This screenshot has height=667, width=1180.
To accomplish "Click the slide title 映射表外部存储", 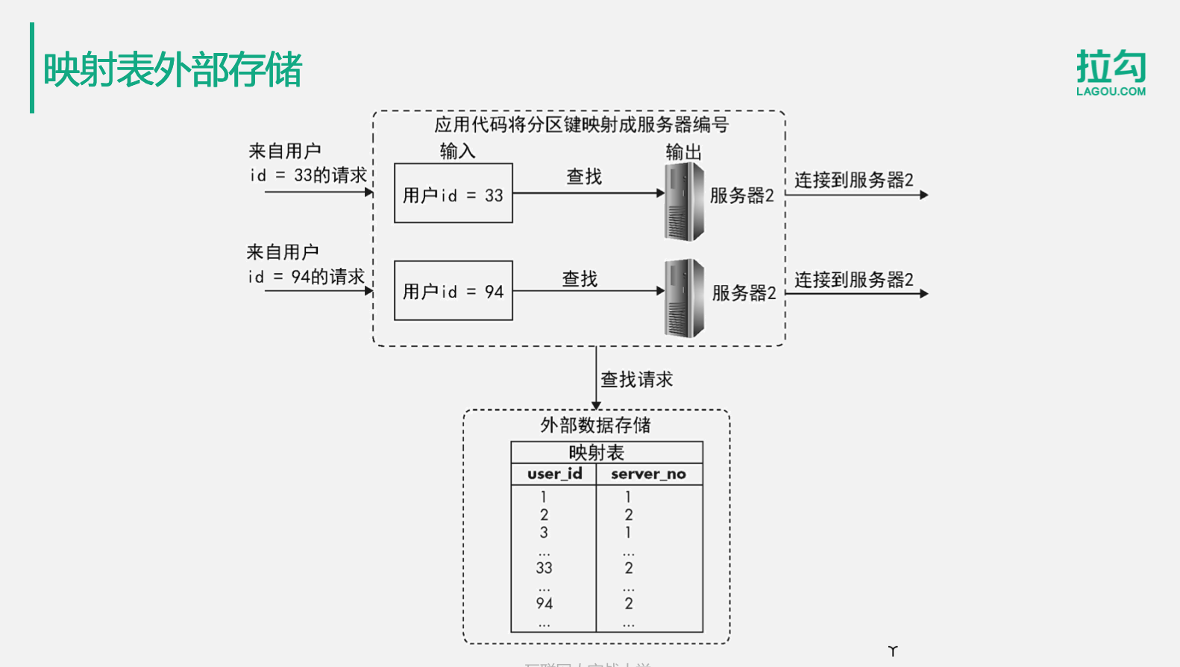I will coord(172,69).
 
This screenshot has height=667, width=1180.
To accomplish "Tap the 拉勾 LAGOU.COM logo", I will coord(1111,72).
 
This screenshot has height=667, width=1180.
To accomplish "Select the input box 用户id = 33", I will coord(453,193).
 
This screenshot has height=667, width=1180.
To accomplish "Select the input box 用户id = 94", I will coord(453,290).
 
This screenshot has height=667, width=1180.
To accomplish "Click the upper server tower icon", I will coord(684,201).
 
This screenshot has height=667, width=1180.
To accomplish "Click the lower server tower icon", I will coord(684,298).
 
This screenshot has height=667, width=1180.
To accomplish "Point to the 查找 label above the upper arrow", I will coord(584,177).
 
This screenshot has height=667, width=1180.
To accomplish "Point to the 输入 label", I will coord(457,151).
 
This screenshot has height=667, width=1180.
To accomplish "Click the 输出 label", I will coord(683,152).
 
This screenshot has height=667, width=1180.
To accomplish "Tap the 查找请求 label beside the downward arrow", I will coord(636,380).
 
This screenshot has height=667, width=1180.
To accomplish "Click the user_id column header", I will coord(554,474).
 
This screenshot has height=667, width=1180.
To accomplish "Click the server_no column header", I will coord(648,474).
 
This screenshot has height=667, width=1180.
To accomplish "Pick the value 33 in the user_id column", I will coord(544,568).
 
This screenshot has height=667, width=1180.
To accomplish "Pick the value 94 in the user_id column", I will coord(544,604).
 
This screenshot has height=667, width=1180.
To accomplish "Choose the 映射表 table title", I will coord(596,452).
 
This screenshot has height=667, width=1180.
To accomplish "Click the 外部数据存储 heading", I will coord(595,425).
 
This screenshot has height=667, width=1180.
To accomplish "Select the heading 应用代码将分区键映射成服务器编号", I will coord(581,125).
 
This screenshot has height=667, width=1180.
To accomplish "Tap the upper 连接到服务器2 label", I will coord(853,180).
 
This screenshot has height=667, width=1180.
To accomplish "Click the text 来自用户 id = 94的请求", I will coord(306,265).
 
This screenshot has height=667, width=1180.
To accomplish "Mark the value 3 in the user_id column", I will coord(544,533).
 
